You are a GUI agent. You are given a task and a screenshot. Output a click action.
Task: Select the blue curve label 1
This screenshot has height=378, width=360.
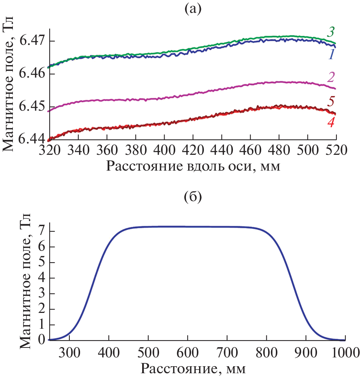click(x=331, y=54)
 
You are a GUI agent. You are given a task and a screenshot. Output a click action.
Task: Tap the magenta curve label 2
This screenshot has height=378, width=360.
click(x=331, y=77)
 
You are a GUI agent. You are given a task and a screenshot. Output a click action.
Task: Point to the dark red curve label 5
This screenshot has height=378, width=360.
click(x=331, y=101)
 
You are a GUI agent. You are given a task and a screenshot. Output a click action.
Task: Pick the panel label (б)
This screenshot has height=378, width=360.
click(x=193, y=197)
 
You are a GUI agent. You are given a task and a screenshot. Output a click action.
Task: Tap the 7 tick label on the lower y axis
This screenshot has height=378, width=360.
click(x=42, y=232)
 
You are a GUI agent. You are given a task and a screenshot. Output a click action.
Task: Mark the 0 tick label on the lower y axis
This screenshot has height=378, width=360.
click(x=42, y=340)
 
